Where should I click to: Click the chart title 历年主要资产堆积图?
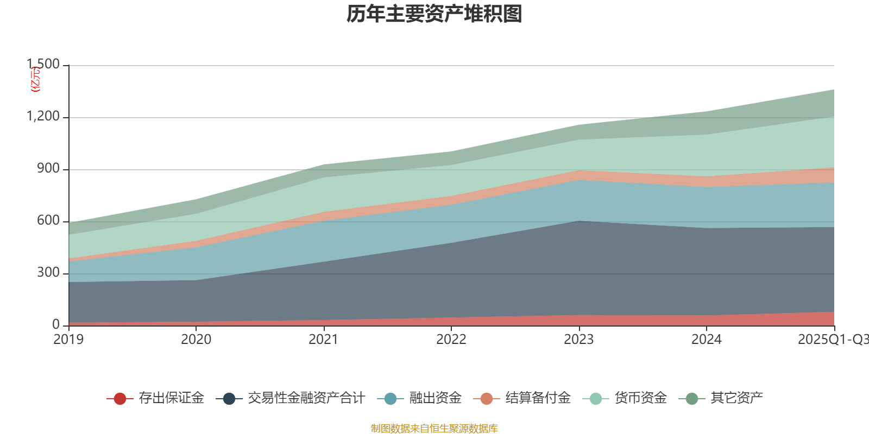pos(434,15)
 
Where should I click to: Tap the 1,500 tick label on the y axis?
pos(44,65)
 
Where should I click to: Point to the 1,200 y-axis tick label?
pos(44,117)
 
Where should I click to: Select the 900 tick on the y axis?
pos(48,169)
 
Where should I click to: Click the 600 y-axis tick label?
pos(48,221)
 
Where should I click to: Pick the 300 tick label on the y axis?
pos(48,273)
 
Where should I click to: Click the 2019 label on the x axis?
pos(68,340)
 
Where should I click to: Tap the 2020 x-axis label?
pos(196,340)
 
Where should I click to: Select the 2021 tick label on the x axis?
pos(324,340)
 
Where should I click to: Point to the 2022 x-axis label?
pos(451,340)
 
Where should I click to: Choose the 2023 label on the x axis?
pos(579,340)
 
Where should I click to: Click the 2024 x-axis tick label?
pos(707,340)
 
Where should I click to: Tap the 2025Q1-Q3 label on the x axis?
pos(833,340)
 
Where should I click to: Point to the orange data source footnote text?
pos(434,429)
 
